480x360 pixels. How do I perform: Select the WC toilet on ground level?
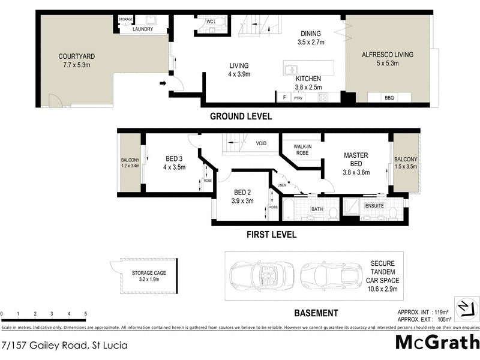[220, 23]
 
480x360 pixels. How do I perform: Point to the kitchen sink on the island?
[290, 68]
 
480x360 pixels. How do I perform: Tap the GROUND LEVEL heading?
[240, 116]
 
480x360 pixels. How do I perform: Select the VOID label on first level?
[261, 143]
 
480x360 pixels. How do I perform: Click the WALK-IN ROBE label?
[304, 149]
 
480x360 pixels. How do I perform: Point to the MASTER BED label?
[356, 160]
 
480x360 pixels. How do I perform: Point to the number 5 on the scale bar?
[85, 314]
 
